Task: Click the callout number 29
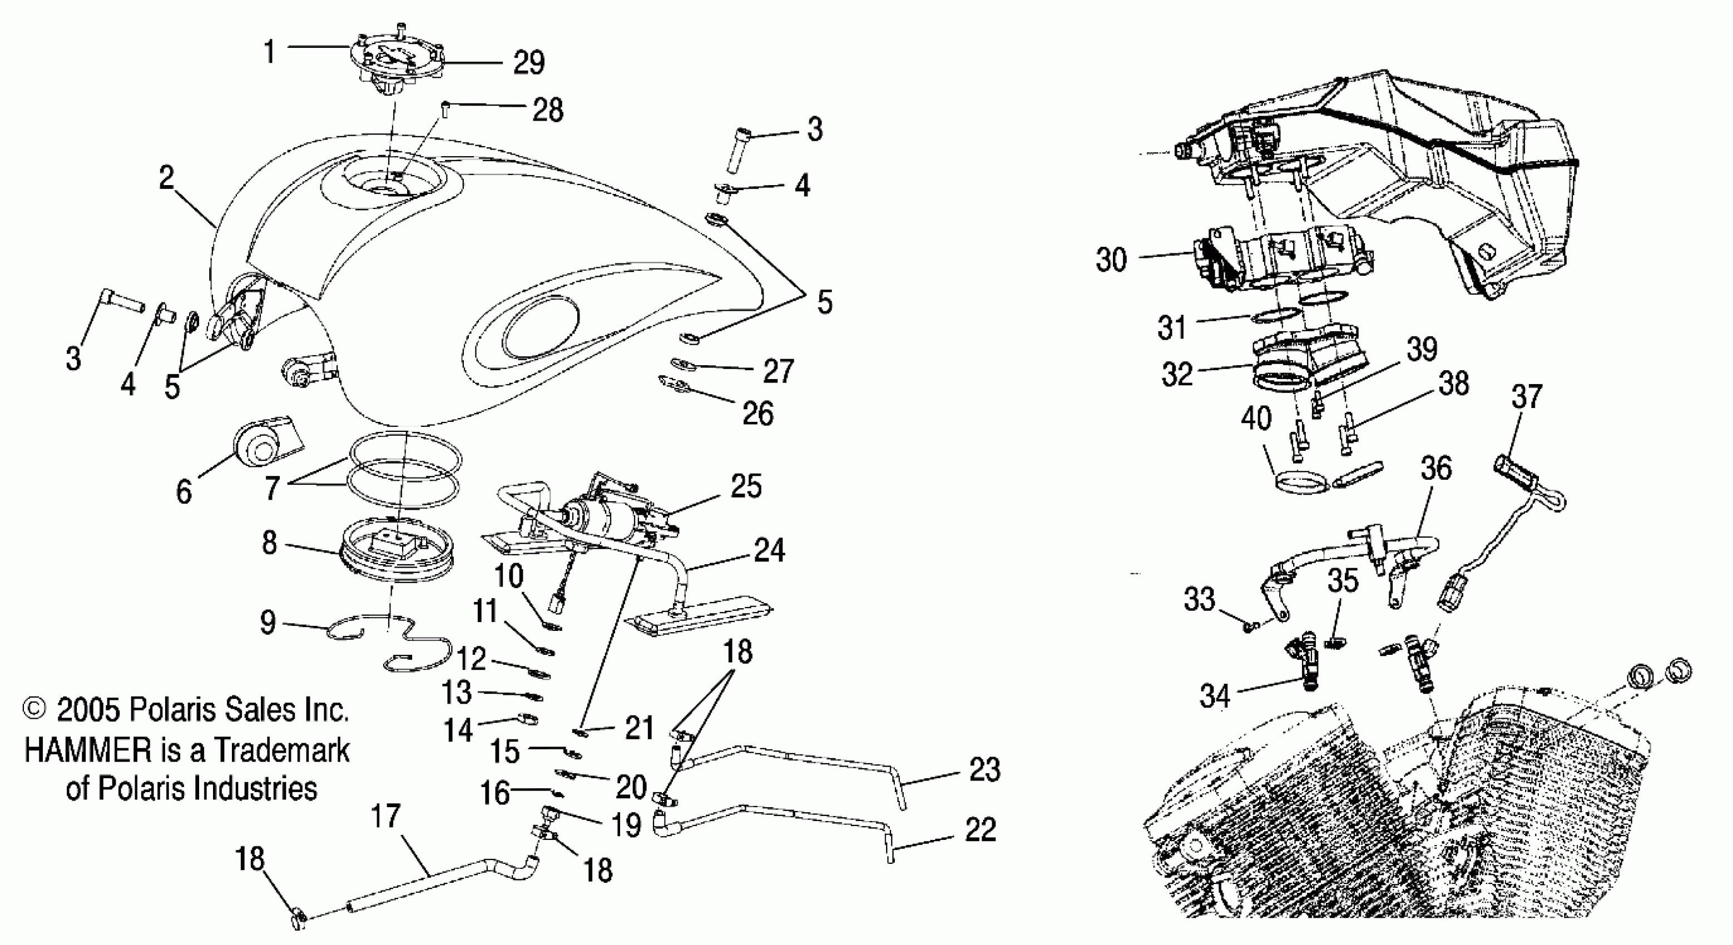click(528, 63)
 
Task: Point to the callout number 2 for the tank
click(166, 178)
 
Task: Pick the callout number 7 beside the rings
click(272, 488)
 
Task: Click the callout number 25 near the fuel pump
click(746, 486)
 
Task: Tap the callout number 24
click(770, 550)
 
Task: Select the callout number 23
click(984, 769)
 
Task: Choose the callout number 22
click(980, 830)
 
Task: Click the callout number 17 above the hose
click(385, 817)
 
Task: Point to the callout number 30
click(1111, 259)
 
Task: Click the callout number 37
click(1526, 397)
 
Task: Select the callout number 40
click(1256, 419)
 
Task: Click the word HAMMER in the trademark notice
click(88, 750)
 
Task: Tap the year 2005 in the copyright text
click(88, 710)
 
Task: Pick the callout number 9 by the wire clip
click(268, 623)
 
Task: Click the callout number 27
click(779, 371)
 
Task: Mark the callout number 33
click(1199, 599)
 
